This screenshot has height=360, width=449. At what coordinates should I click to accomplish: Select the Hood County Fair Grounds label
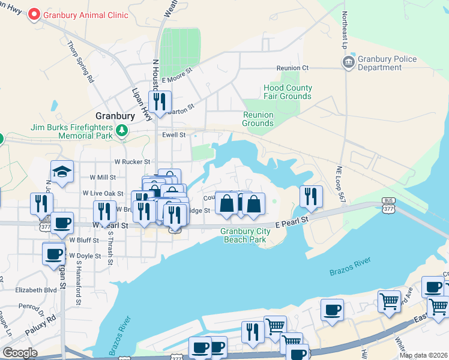pyautogui.click(x=288, y=92)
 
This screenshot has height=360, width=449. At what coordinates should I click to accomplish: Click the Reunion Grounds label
pyautogui.click(x=258, y=119)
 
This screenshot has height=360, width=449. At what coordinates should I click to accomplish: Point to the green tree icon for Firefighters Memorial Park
pyautogui.click(x=122, y=130)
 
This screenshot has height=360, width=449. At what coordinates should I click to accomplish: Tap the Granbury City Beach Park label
pyautogui.click(x=243, y=235)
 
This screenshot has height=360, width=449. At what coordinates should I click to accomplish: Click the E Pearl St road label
pyautogui.click(x=292, y=220)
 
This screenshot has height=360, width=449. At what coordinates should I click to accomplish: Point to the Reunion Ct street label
pyautogui.click(x=292, y=68)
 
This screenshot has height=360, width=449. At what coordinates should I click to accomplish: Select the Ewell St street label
pyautogui.click(x=173, y=135)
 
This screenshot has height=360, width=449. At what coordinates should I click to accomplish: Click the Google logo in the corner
pyautogui.click(x=20, y=353)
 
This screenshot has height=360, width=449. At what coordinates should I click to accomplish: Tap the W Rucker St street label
pyautogui.click(x=131, y=162)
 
